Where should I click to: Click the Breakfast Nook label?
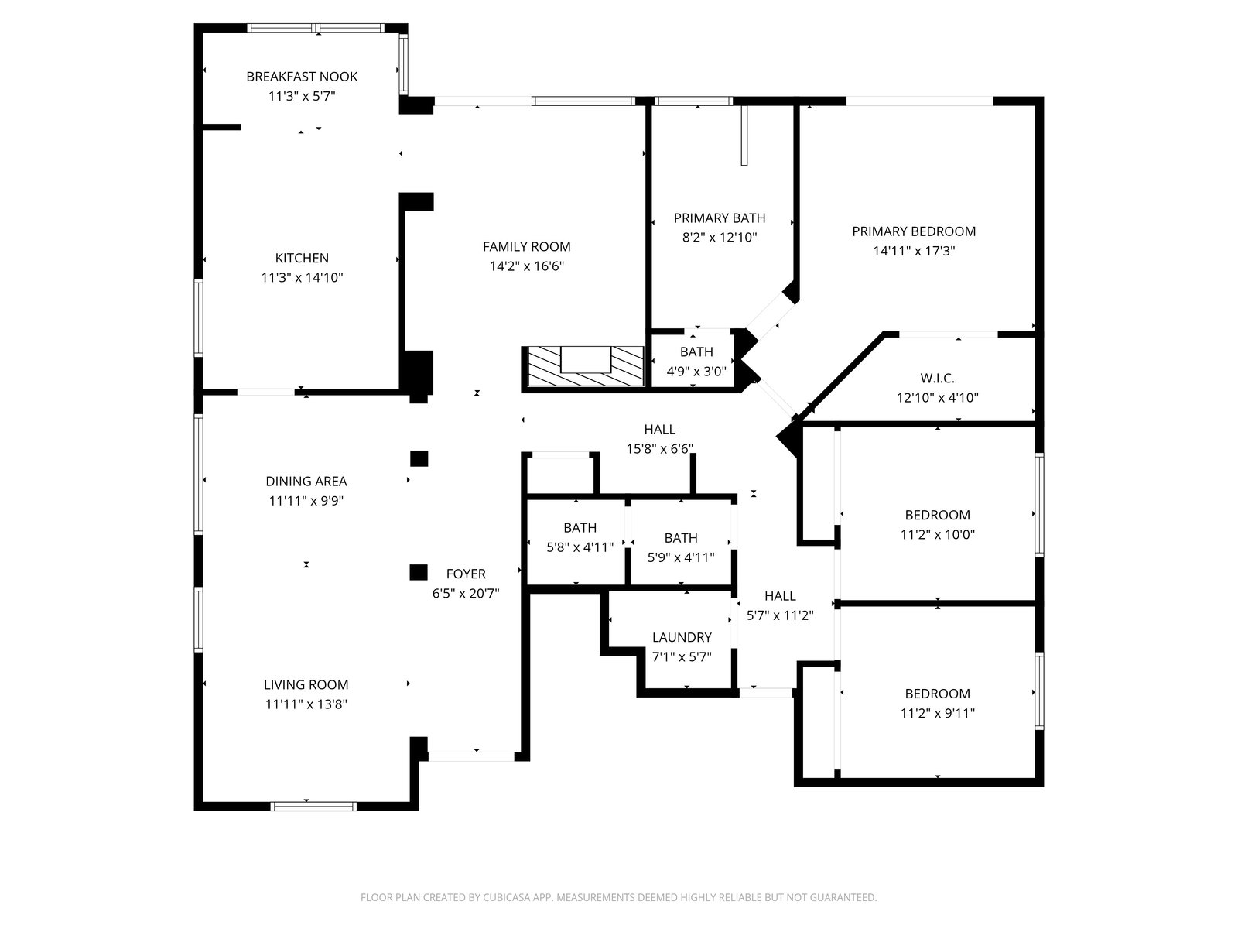point(302,77)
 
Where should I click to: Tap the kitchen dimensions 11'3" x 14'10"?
point(302,278)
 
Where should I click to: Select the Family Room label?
point(526,247)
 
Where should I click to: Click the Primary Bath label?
point(719,218)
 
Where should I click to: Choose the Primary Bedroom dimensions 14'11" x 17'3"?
point(914,251)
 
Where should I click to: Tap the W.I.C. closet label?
point(937,379)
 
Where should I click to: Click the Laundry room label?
point(681,638)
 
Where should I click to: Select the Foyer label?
point(466,574)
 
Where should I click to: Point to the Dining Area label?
point(306,482)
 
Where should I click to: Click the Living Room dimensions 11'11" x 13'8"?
point(306,704)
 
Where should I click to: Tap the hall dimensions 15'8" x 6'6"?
point(659,449)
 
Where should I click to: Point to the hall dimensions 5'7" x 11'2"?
point(780,616)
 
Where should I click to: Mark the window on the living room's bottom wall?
point(313,806)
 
